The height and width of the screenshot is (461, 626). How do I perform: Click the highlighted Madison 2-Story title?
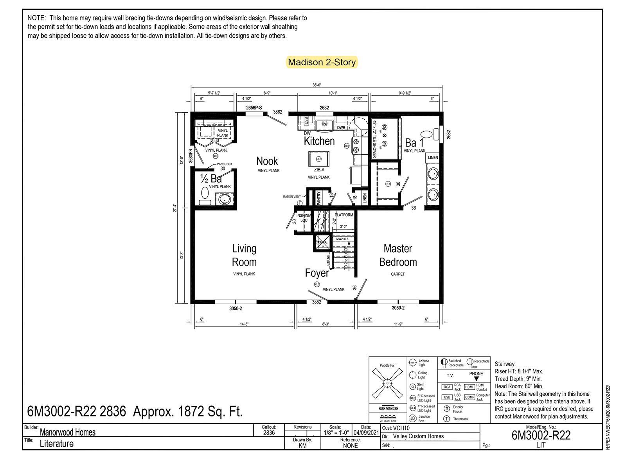coord(322,62)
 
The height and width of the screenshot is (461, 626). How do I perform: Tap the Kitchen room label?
coord(319,141)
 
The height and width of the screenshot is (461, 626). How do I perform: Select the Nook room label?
coord(267,161)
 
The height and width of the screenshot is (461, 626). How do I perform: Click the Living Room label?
coord(244,255)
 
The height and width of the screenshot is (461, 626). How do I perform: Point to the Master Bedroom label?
coord(398,255)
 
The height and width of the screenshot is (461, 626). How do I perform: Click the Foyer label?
coord(317,273)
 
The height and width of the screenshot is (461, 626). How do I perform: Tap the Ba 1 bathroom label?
coord(414,143)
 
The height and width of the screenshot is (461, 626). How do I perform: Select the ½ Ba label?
coord(211,179)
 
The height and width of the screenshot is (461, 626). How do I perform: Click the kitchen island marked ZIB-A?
coord(318,159)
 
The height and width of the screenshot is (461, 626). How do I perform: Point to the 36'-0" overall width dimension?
coord(317,85)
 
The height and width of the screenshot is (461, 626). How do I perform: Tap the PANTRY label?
coord(319,197)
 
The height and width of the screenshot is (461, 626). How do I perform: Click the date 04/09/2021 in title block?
coord(366,433)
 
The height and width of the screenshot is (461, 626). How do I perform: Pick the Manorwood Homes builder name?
coord(68,432)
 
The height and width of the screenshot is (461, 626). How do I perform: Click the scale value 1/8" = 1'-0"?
coord(336,433)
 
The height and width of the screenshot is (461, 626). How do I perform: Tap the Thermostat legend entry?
coord(461,419)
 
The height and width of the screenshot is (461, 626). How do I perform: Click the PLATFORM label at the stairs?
coord(344,215)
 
